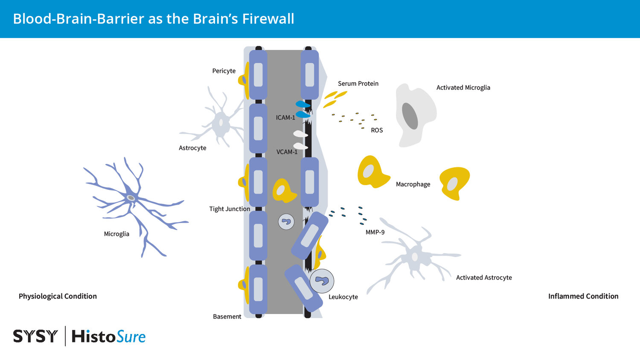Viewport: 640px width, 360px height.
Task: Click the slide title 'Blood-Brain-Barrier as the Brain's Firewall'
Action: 154,19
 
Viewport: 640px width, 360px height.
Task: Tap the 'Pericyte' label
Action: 224,71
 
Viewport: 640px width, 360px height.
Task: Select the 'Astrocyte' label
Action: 192,148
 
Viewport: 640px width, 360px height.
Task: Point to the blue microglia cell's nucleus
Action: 131,198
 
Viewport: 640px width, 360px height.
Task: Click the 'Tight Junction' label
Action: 230,209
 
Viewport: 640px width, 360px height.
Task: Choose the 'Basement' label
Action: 227,316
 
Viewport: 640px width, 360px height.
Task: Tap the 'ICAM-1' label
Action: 285,118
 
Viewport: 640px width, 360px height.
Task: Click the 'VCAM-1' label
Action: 287,152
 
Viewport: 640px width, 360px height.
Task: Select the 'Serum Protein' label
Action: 358,84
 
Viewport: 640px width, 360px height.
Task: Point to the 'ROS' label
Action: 377,131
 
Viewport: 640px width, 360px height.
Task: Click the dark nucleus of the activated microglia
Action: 410,116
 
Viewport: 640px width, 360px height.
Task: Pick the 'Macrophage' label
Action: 413,184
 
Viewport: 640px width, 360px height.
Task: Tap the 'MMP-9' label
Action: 375,232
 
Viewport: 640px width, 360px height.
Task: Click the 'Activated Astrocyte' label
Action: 484,278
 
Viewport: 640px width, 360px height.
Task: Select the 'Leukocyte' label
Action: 343,297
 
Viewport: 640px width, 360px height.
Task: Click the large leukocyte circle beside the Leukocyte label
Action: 322,281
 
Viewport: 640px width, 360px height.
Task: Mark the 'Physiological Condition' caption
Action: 58,296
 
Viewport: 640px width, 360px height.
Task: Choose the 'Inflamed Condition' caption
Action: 583,296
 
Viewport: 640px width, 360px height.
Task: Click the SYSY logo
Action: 35,337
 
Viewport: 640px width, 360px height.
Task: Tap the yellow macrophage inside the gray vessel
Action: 283,191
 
